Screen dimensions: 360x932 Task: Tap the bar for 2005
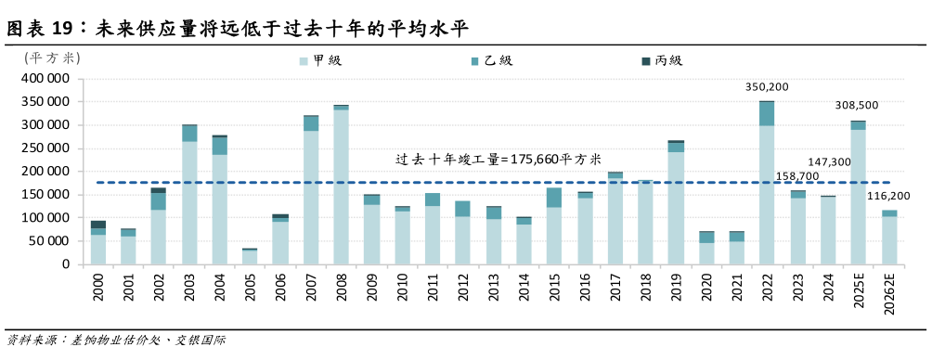click(250, 256)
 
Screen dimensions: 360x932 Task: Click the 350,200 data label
click(767, 87)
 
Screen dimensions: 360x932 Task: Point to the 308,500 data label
click(857, 106)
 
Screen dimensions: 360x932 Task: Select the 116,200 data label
click(889, 197)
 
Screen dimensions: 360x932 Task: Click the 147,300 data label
click(830, 162)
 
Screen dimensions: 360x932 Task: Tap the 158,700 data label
click(796, 176)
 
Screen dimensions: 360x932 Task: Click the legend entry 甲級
click(321, 61)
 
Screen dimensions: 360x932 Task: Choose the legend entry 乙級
click(492, 61)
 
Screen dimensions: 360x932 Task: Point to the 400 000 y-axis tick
click(45, 79)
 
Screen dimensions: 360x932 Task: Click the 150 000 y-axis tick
click(45, 195)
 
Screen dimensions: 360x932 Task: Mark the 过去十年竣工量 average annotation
click(496, 160)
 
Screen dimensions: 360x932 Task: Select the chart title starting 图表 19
click(237, 28)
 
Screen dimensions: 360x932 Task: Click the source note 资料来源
click(115, 341)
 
